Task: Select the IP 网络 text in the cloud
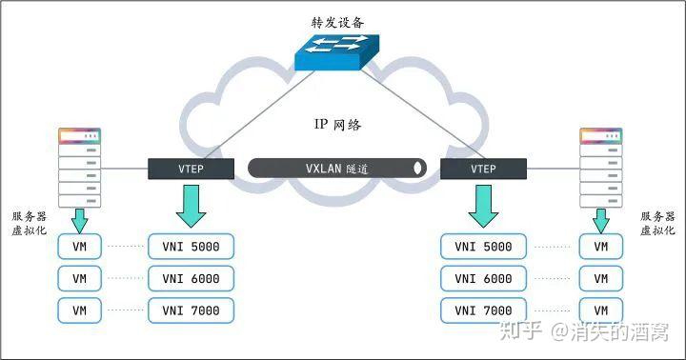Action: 337,125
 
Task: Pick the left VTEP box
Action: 191,169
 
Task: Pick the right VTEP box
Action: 483,169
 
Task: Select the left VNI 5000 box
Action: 191,247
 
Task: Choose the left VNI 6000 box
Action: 191,279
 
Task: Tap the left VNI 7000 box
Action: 191,310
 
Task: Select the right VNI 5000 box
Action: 483,247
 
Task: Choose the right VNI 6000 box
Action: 483,279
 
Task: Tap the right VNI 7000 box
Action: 483,310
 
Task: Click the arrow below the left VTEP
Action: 191,206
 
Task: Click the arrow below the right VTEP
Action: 483,206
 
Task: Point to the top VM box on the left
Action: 79,247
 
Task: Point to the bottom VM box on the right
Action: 600,310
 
